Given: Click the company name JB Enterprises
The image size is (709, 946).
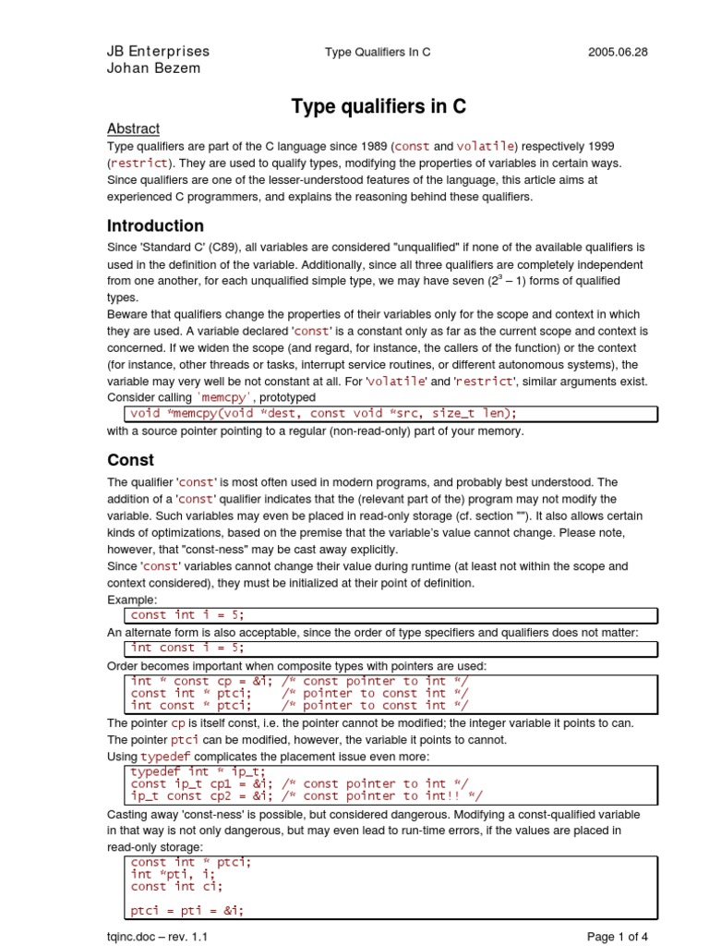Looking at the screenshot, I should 159,51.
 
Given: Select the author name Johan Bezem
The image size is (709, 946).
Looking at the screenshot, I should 153,67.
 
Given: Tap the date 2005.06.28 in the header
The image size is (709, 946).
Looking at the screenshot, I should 618,52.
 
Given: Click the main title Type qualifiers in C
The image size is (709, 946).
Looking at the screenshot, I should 379,107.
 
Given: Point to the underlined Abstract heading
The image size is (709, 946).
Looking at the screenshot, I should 133,128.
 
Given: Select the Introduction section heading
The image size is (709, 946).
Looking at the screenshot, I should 155,225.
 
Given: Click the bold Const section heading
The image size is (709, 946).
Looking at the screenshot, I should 130,459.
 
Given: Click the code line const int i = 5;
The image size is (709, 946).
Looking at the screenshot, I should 188,614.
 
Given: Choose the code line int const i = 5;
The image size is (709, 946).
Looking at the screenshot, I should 188,648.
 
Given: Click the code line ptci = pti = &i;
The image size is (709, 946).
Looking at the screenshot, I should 187,909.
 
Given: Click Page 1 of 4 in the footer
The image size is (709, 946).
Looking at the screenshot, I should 618,937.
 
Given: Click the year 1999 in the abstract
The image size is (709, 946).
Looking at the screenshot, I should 583,147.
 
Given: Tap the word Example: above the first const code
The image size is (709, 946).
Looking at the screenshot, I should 133,600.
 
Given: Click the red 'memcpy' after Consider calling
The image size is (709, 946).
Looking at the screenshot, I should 246,397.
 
